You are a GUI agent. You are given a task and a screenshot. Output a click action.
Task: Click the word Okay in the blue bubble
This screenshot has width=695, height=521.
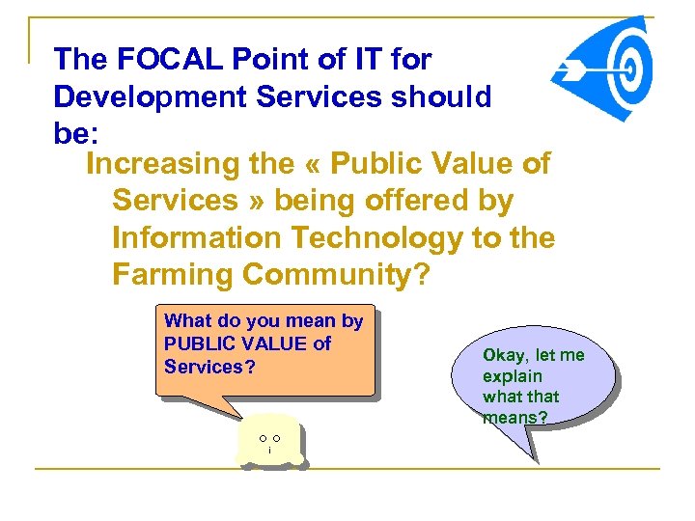pos(503,355)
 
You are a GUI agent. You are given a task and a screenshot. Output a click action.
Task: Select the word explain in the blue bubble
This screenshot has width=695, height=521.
pos(513,376)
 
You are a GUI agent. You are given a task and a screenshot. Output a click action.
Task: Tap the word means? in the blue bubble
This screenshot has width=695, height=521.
pos(514,417)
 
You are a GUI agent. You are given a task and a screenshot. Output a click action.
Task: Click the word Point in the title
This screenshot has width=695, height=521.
pos(278,60)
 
